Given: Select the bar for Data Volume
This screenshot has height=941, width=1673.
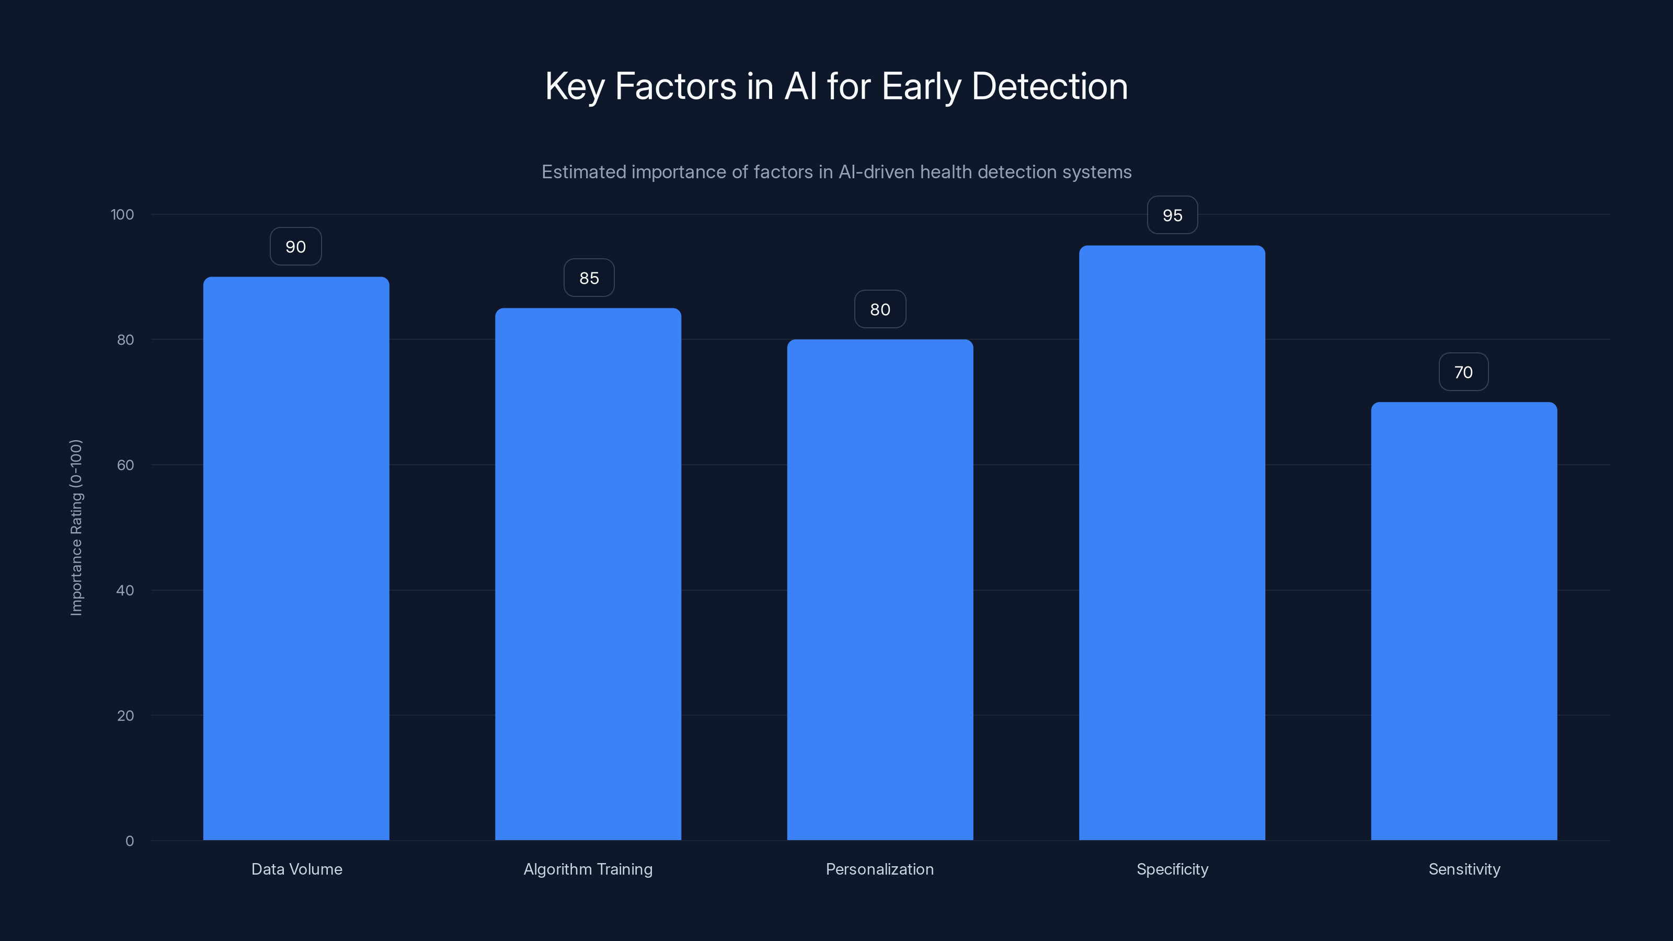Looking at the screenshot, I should (296, 558).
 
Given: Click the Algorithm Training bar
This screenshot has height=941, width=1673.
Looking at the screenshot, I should (588, 574).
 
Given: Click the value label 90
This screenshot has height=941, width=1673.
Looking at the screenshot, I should (295, 247).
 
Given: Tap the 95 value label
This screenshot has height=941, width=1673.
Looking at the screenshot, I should (1172, 215).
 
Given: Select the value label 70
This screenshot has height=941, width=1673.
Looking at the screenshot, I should (1463, 372).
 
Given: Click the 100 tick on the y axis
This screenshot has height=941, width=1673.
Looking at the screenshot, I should (122, 214).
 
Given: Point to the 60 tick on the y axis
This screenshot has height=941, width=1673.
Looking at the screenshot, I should (125, 465).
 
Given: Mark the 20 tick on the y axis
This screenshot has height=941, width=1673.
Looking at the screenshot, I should (125, 716).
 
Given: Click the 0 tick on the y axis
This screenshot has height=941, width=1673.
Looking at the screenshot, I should (129, 841).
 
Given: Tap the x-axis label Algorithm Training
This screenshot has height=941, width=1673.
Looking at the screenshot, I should (588, 869).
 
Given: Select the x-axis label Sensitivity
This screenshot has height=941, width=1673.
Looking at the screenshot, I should (1464, 869).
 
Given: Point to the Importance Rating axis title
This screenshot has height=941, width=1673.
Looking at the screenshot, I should (76, 527).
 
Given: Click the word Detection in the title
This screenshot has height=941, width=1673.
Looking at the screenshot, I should (1049, 86).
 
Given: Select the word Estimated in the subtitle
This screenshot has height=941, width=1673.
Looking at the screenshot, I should (583, 172).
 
